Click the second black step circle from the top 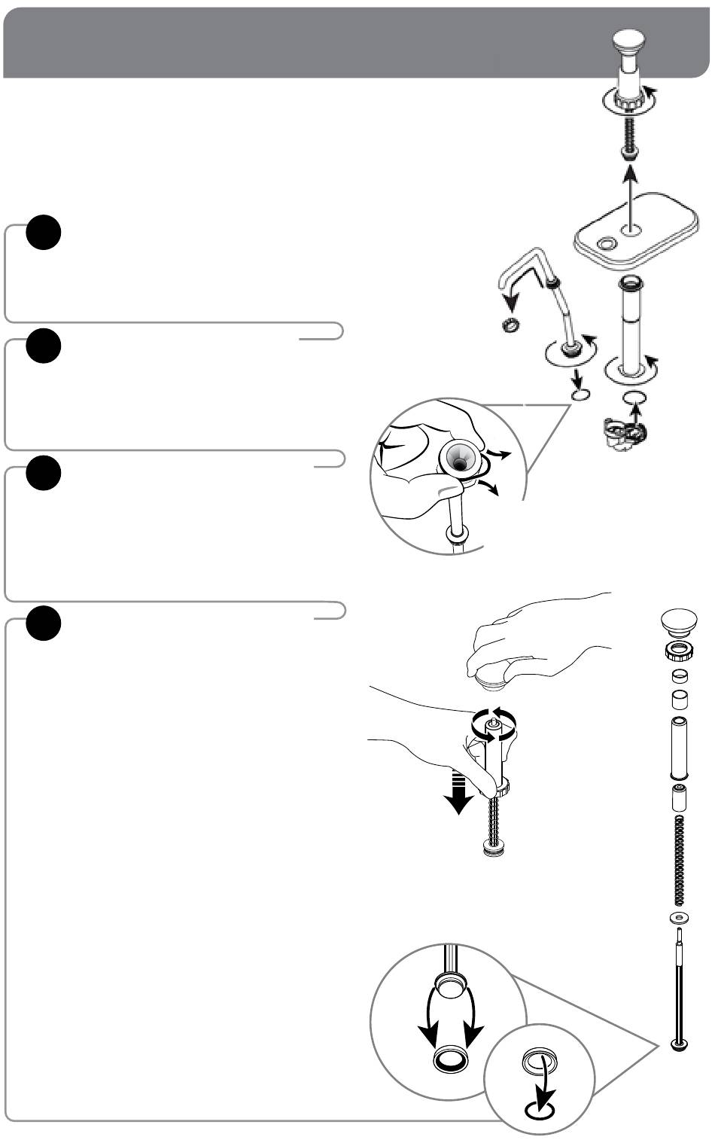43,345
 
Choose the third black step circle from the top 43,473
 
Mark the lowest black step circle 43,623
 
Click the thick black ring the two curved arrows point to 450,1060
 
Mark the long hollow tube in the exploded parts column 680,748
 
